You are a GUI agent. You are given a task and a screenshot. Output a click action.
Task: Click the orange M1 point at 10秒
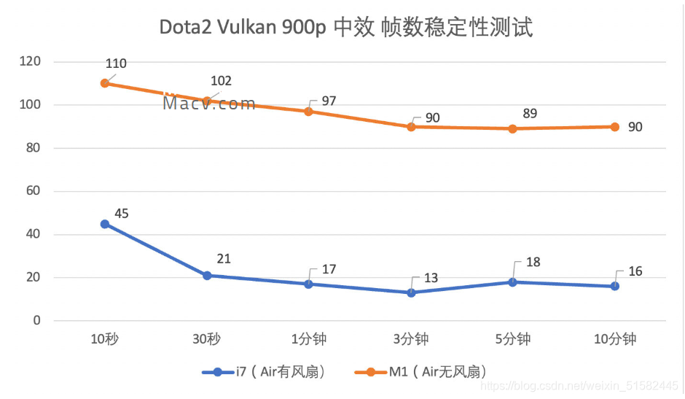click(105, 83)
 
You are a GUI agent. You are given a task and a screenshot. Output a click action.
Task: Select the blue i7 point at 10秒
click(105, 224)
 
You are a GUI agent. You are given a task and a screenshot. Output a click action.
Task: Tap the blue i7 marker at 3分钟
click(411, 293)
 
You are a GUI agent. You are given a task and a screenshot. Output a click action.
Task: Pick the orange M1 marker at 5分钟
click(513, 128)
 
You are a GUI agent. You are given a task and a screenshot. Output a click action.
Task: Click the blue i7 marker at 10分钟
click(614, 286)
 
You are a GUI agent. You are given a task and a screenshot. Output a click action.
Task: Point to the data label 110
click(115, 64)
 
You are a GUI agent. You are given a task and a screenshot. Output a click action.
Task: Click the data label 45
click(121, 213)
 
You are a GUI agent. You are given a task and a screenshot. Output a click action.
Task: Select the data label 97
click(329, 101)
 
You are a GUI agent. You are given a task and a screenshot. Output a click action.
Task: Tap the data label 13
click(431, 279)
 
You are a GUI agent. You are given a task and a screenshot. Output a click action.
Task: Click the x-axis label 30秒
click(207, 339)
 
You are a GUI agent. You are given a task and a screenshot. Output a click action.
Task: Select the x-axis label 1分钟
click(309, 339)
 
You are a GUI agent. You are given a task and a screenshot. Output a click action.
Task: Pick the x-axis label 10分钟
click(614, 339)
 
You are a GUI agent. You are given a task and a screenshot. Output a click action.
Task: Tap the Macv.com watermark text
click(209, 103)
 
